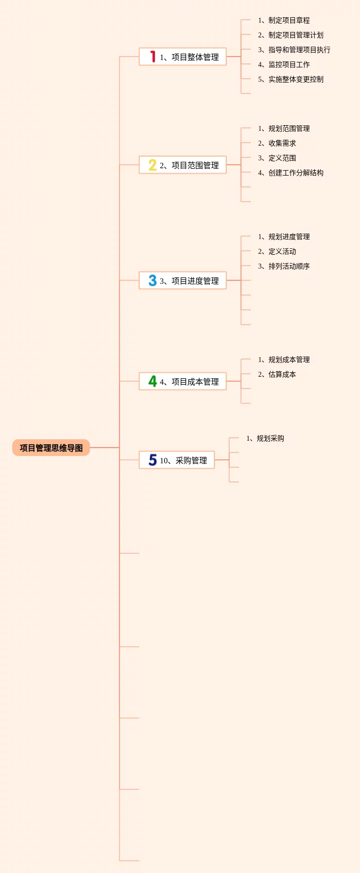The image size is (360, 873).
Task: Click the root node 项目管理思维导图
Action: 51,448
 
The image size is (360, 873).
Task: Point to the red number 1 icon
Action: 152,57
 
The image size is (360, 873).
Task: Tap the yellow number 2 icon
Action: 152,165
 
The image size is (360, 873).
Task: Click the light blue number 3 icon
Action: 152,280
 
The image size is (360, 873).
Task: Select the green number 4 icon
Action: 152,381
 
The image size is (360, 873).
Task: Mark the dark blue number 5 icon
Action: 152,460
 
